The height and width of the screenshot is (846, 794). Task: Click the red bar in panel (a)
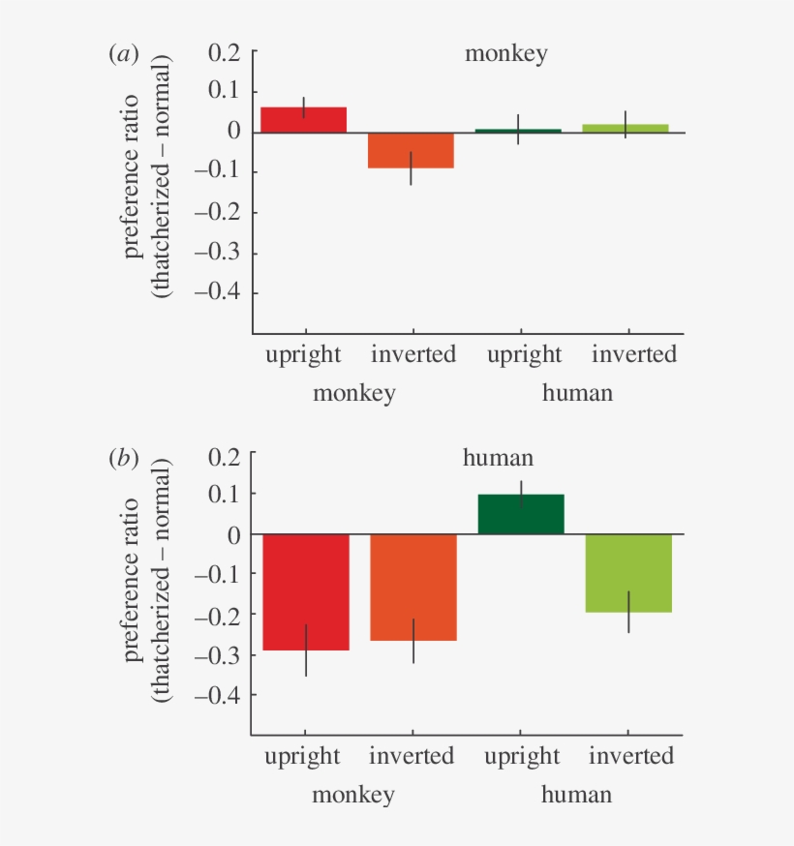(x=303, y=120)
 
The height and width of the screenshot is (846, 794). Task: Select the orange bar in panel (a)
(x=412, y=151)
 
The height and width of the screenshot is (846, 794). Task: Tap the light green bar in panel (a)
(x=626, y=128)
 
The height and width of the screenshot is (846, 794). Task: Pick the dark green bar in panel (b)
(x=521, y=514)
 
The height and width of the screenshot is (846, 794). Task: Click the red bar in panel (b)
(x=306, y=591)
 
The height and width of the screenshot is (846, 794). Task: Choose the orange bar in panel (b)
(x=413, y=587)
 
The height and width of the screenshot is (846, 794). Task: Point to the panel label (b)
(x=124, y=458)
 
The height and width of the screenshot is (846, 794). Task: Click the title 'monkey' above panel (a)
(x=505, y=53)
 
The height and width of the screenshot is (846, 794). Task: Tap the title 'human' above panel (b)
(x=498, y=458)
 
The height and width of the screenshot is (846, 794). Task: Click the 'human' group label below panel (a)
(x=577, y=393)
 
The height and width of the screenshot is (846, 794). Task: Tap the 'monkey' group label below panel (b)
(x=353, y=796)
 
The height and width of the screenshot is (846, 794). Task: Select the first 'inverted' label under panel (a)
(x=413, y=354)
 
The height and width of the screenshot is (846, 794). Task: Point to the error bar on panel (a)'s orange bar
(x=412, y=167)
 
